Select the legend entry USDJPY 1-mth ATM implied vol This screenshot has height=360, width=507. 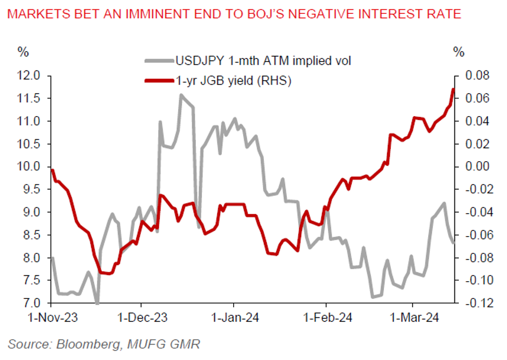263,61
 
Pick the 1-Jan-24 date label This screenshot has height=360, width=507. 233,318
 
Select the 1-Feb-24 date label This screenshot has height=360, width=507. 326,318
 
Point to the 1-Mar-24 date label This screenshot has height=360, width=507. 413,318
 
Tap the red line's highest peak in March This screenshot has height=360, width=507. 453,89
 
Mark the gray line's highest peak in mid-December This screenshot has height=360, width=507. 181,95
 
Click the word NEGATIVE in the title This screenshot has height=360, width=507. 338,14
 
